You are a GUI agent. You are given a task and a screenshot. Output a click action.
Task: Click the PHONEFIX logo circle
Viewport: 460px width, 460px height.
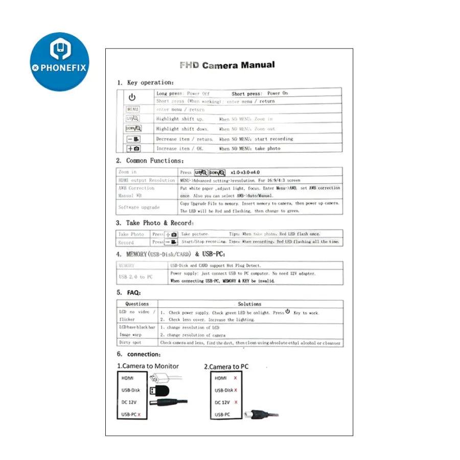click(59, 61)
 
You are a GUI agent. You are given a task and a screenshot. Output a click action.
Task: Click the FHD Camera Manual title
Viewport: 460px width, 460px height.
click(227, 65)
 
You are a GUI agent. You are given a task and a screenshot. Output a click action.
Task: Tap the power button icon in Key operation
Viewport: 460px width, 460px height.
click(132, 97)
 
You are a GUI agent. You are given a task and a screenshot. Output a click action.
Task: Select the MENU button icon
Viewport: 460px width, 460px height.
click(133, 109)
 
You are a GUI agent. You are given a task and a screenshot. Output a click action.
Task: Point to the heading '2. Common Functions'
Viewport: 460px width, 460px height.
click(148, 160)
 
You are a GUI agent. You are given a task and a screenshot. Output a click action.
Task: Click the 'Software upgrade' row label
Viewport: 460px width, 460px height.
click(139, 207)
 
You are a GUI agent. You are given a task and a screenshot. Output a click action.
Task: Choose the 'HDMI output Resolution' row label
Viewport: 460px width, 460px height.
click(147, 180)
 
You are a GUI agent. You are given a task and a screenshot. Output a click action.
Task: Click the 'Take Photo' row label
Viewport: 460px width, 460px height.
click(131, 234)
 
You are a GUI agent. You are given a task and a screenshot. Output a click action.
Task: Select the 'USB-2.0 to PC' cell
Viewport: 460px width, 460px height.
click(135, 277)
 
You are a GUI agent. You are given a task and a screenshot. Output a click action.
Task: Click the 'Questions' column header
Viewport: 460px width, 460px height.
click(137, 304)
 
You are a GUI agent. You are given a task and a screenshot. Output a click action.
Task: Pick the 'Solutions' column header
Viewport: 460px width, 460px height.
click(249, 304)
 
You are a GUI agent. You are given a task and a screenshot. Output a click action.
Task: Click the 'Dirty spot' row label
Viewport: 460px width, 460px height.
click(130, 342)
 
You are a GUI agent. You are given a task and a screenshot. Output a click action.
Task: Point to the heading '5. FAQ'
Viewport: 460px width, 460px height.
click(128, 292)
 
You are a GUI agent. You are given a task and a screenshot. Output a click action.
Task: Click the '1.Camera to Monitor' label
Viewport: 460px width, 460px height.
click(148, 366)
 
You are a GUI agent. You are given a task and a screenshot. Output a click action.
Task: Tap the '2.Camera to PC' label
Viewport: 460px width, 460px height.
click(226, 366)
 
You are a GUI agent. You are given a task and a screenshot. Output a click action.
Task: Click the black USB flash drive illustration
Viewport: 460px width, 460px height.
click(159, 390)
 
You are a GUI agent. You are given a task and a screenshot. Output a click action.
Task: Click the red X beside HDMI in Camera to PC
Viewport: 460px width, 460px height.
click(235, 378)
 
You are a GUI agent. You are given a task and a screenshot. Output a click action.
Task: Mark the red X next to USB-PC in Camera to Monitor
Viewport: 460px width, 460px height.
click(139, 415)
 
